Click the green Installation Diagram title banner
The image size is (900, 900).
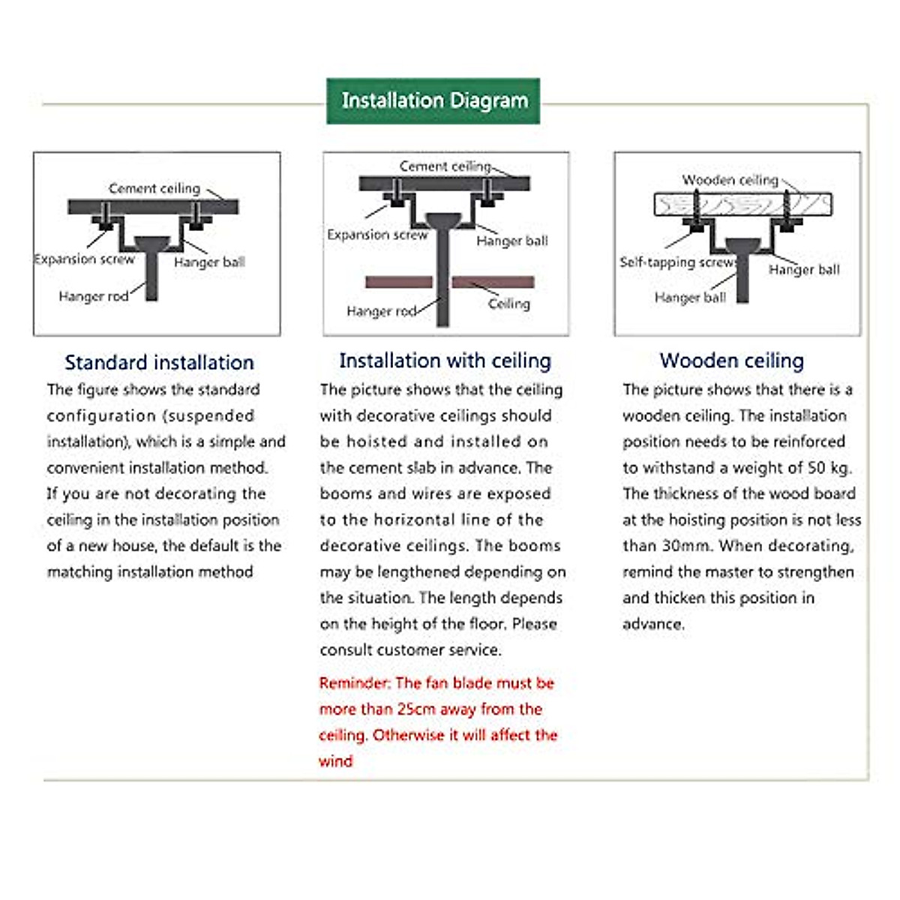click(433, 100)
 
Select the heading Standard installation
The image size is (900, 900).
click(159, 362)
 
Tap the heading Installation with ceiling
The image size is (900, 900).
click(445, 361)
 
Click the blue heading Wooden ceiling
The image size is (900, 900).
click(731, 361)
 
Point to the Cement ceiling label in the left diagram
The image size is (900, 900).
click(154, 188)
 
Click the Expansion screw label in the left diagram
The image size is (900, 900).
click(84, 259)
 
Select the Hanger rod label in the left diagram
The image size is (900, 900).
click(93, 296)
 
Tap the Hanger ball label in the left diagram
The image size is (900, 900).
click(209, 262)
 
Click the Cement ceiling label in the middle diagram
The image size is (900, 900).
click(445, 166)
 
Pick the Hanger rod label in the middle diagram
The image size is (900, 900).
click(381, 311)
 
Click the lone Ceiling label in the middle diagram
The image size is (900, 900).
click(508, 304)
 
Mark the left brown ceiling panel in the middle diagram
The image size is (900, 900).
click(398, 282)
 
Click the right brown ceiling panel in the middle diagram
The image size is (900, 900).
click(493, 282)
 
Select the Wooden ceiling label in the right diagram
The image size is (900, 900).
click(730, 180)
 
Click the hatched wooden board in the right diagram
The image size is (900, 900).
click(742, 204)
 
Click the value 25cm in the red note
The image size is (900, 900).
click(418, 709)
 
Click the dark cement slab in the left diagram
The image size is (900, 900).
click(153, 206)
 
